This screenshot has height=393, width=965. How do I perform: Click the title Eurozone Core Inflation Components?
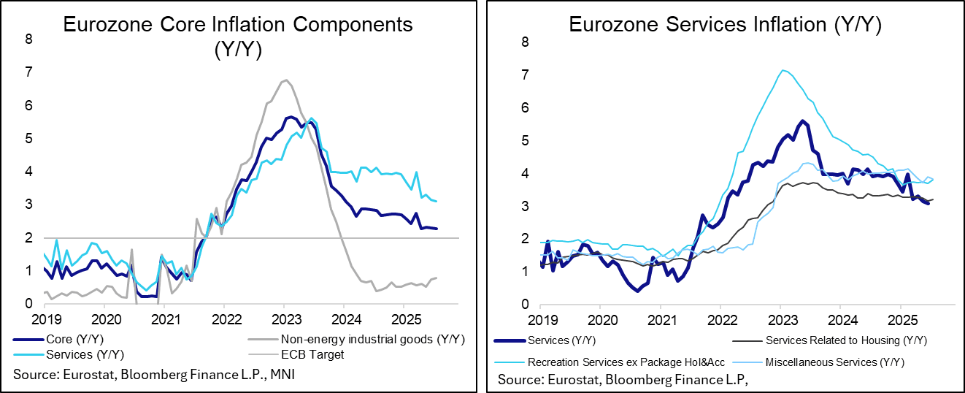click(x=238, y=24)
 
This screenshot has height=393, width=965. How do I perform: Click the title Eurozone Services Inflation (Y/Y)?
click(x=725, y=24)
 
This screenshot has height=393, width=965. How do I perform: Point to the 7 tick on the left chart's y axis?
click(x=28, y=72)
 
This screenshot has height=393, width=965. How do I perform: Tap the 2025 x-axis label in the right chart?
click(x=899, y=319)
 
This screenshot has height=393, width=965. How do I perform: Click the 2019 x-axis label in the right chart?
click(x=541, y=319)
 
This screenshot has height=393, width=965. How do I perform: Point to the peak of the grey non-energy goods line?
click(x=285, y=80)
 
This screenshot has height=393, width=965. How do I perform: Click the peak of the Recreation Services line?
click(x=783, y=70)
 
